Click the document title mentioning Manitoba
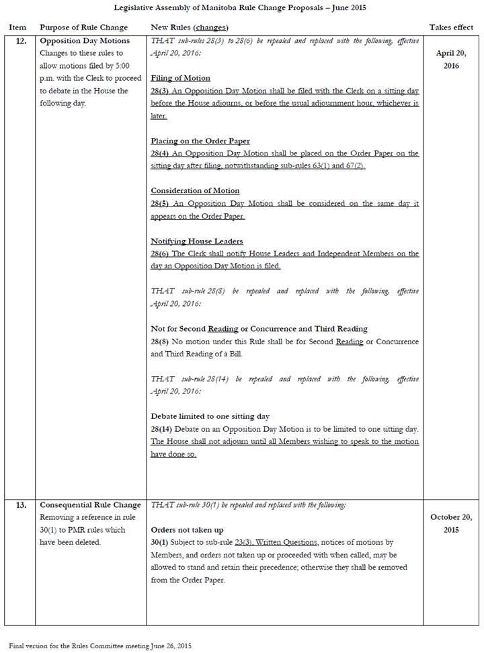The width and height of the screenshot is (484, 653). [x=242, y=7]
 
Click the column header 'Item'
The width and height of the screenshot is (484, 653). [x=17, y=28]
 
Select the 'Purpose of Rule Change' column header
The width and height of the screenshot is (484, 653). [x=83, y=28]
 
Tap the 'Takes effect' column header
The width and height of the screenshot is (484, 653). [x=452, y=28]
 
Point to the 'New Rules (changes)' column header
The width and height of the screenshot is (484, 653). [x=189, y=28]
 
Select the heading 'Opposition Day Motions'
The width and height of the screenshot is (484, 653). [x=85, y=41]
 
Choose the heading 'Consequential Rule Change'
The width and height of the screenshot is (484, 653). [x=90, y=505]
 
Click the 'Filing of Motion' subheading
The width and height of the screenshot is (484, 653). [x=180, y=78]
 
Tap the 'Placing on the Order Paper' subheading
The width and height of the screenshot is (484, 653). [x=200, y=141]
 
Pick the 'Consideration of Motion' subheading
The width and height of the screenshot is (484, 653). [x=195, y=191]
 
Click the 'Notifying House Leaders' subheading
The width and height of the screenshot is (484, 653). [x=196, y=241]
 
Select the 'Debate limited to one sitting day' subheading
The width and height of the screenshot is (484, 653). [x=210, y=416]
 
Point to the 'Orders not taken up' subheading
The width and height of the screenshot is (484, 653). [x=187, y=530]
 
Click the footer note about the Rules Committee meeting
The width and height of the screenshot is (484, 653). [x=100, y=646]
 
